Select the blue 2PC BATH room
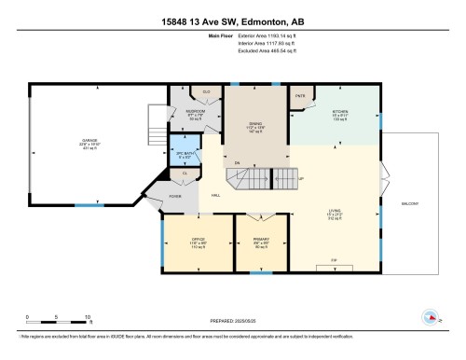[x=183, y=152]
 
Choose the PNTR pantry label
[x=301, y=96]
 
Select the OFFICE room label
[x=198, y=242]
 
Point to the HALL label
[x=215, y=196]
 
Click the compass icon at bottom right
[x=431, y=316]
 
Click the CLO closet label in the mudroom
[x=206, y=92]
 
